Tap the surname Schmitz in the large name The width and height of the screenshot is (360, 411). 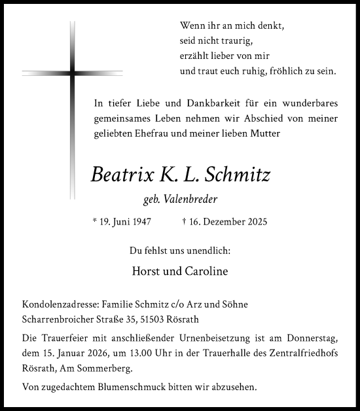point(239,175)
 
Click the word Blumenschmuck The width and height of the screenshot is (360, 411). point(120,387)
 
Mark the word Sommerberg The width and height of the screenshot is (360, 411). point(119,370)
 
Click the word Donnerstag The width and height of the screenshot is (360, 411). point(308,338)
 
